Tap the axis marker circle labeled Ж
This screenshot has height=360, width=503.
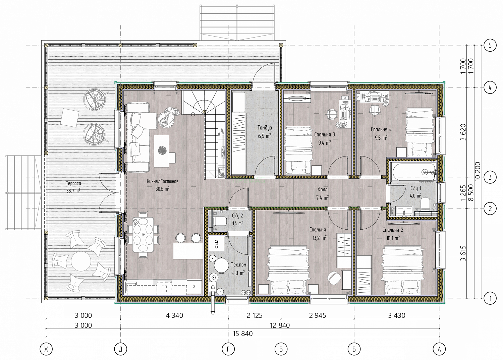coord(46,350)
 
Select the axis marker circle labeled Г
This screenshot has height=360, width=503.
coord(228,350)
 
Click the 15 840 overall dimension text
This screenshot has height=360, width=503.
coord(243,334)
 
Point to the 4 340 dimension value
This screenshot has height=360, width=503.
coord(174,315)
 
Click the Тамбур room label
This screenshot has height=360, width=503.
coord(265,128)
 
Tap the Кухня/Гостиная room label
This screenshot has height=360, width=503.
coord(163,181)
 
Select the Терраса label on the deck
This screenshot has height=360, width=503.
coord(74,183)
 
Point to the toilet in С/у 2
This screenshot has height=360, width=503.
coord(219,221)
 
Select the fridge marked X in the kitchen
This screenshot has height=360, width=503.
coord(194,286)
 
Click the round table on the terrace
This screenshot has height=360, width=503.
coord(81,261)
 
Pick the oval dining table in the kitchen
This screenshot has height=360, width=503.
coord(143,235)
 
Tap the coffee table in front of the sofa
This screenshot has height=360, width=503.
coord(161,151)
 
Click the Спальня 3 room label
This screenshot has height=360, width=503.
coord(325,135)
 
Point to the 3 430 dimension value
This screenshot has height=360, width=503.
coord(397,315)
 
